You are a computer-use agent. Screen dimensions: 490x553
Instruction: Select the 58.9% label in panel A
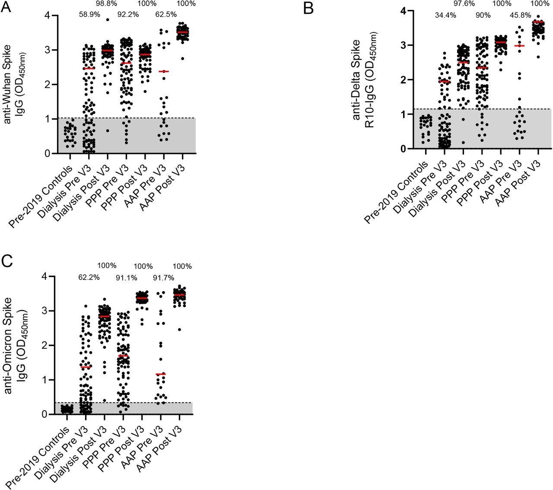(x=89, y=14)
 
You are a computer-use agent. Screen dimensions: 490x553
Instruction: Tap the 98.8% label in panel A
(x=109, y=3)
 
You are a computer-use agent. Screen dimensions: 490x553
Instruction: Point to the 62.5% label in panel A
(x=165, y=14)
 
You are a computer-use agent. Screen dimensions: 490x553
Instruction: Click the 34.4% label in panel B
(x=445, y=16)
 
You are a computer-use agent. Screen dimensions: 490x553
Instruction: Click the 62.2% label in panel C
(x=89, y=277)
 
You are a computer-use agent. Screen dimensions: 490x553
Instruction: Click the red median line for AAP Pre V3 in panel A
(x=164, y=71)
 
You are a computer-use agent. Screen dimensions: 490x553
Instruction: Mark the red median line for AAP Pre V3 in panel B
(x=520, y=46)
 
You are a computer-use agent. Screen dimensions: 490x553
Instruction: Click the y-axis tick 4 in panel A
(x=46, y=16)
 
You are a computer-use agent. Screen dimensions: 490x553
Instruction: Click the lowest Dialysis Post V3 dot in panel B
(x=463, y=143)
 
